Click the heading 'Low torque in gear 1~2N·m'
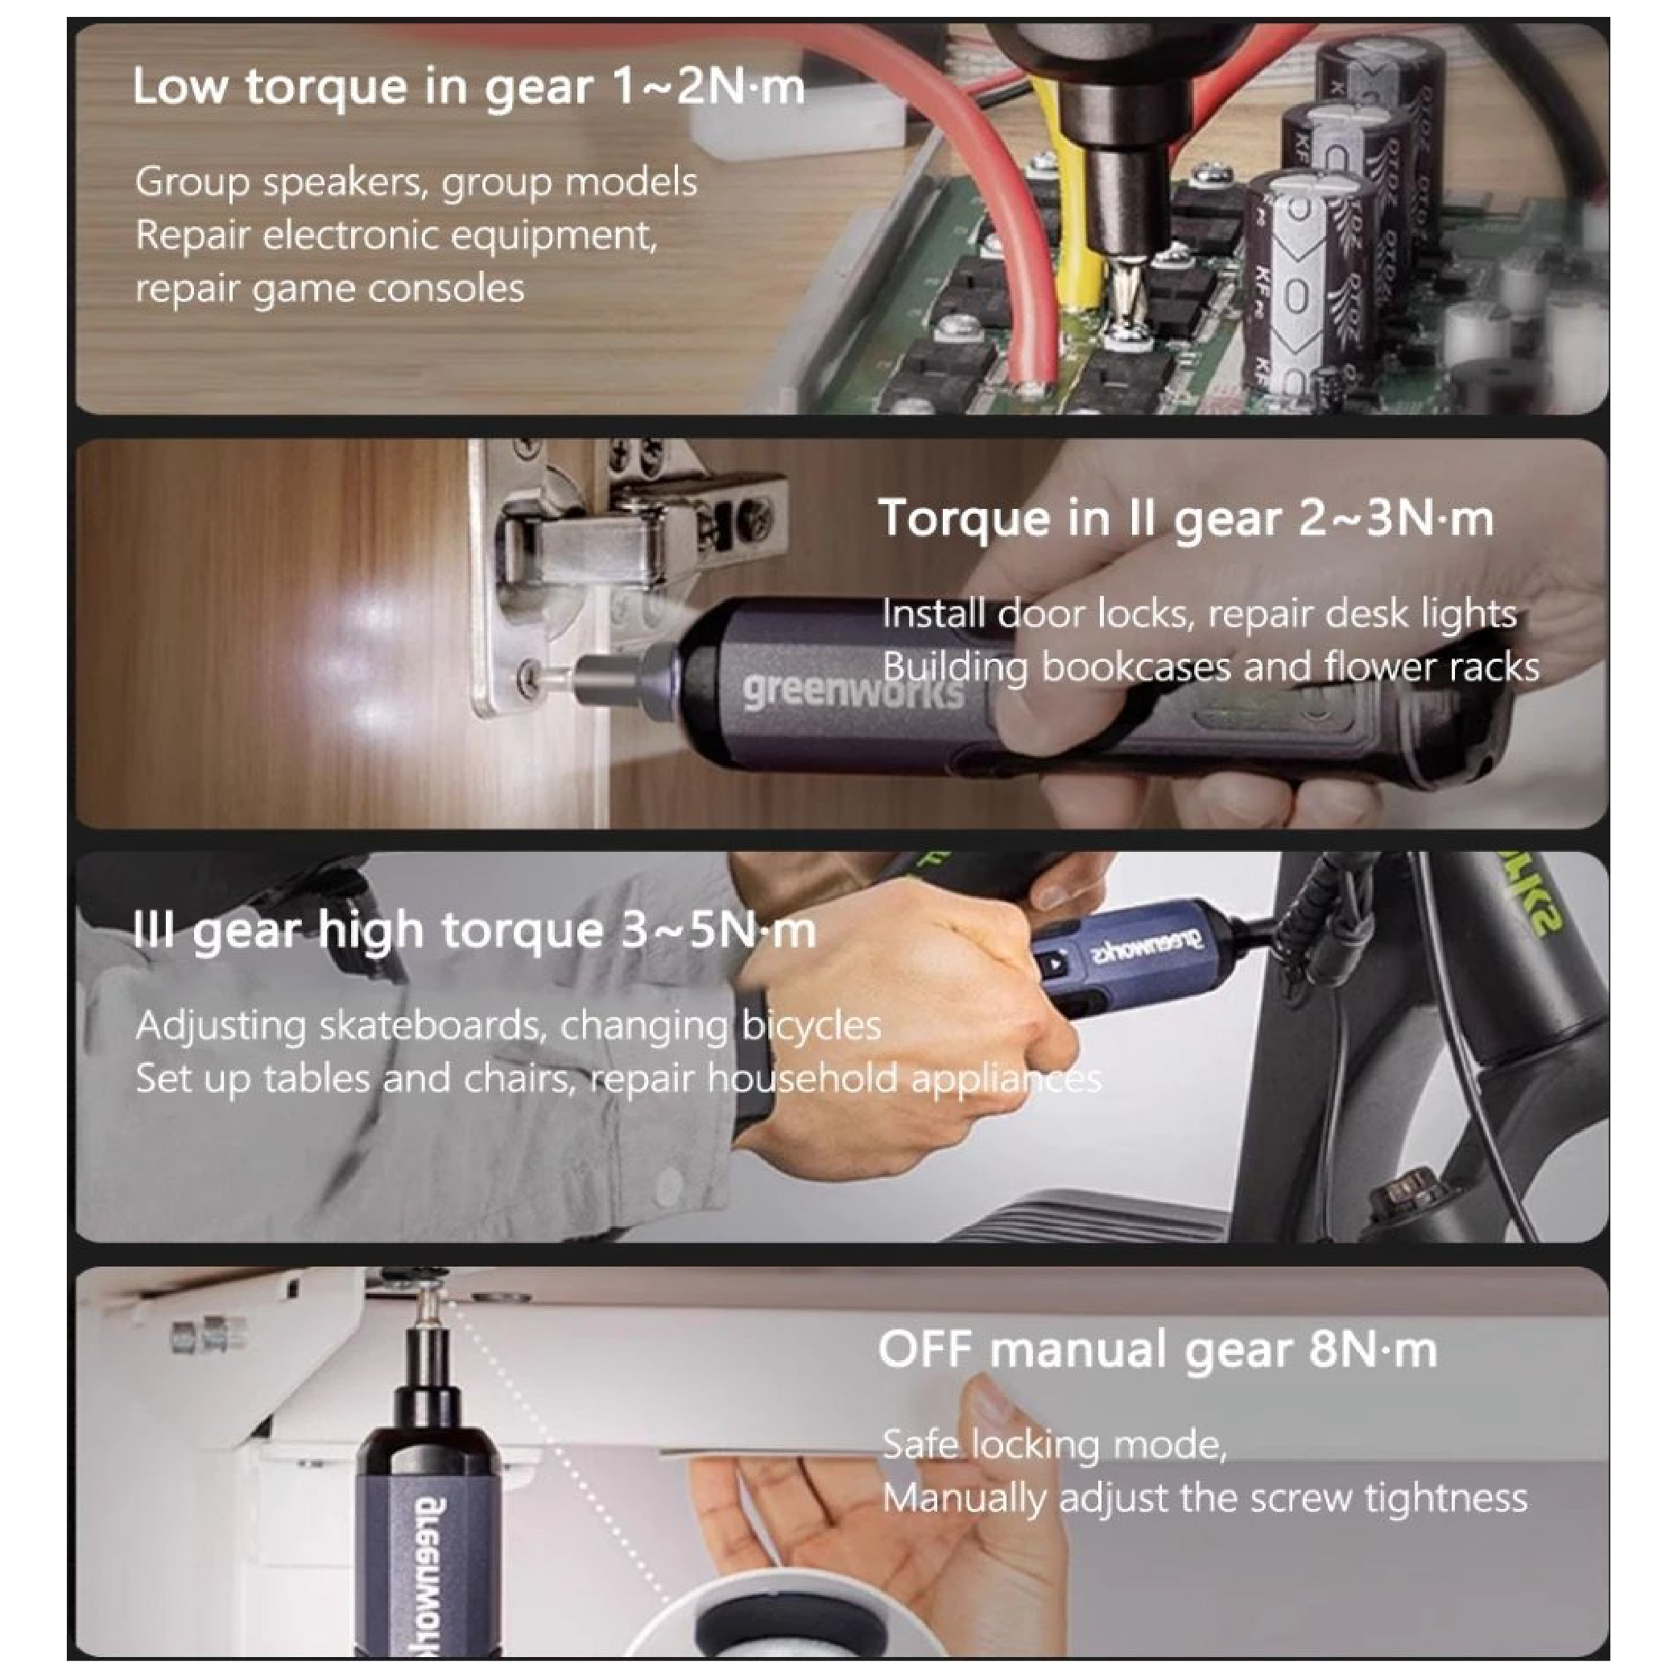pos(469,89)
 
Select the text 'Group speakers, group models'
pos(416,184)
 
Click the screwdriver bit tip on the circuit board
pos(1128,323)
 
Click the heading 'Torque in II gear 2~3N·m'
pos(1186,519)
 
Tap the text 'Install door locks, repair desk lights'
pos(1200,614)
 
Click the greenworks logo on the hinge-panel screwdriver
pos(852,692)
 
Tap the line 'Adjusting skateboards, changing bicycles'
pos(508,1026)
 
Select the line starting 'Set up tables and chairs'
pos(618,1080)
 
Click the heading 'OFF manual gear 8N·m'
pos(1157,1350)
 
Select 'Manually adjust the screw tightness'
pos(1205,1499)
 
